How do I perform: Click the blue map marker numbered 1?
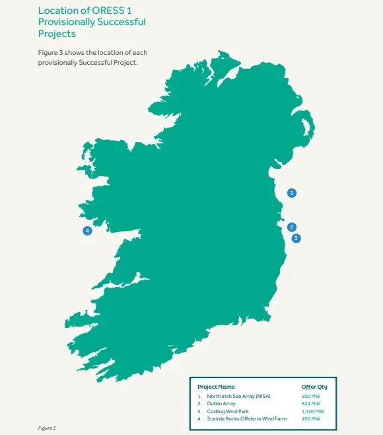click(x=292, y=193)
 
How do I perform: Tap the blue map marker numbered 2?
click(x=292, y=227)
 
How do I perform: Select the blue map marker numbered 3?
click(x=296, y=238)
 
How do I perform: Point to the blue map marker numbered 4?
click(x=87, y=231)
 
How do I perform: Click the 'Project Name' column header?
click(x=216, y=387)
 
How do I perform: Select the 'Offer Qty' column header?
click(x=314, y=387)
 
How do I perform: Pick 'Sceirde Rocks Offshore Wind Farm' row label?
click(x=248, y=419)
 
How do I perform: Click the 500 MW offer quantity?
click(x=310, y=396)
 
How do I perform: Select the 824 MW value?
click(x=310, y=403)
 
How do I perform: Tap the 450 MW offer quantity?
click(x=310, y=419)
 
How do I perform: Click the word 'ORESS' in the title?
click(x=111, y=11)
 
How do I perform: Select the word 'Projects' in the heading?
click(x=58, y=33)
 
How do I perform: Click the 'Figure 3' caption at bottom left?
click(x=47, y=428)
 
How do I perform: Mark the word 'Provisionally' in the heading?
click(x=69, y=22)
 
